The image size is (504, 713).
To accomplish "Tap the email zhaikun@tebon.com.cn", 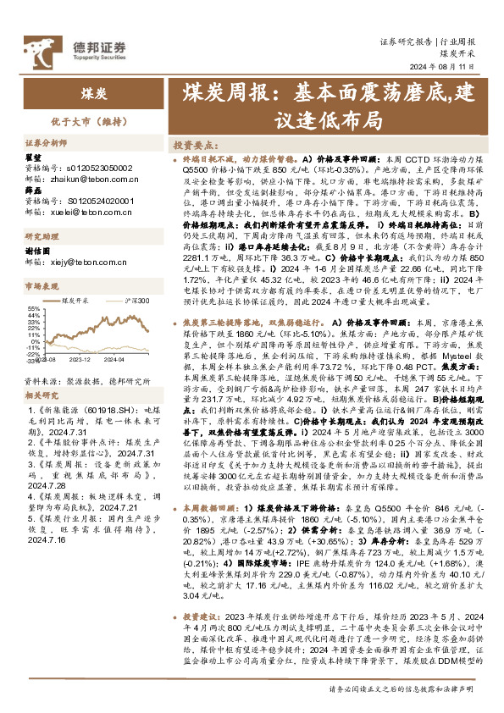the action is click(75, 180).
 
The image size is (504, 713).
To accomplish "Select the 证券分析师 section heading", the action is click(45, 145).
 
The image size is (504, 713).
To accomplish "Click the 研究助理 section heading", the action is click(41, 236).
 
